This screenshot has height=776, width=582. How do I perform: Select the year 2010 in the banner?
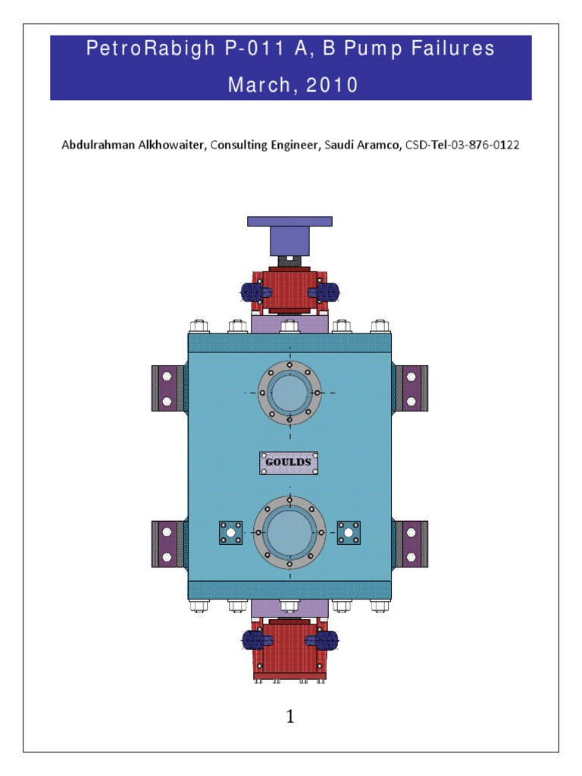[332, 86]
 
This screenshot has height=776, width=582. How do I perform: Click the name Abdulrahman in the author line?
[97, 145]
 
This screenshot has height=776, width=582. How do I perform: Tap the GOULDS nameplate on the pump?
[289, 462]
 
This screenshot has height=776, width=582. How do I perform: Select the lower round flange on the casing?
[289, 533]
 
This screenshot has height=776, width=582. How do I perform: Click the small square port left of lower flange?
[230, 533]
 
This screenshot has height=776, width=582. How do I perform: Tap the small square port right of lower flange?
[349, 533]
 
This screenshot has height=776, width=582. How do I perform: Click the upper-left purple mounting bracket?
[167, 388]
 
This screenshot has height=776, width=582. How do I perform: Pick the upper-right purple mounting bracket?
[411, 388]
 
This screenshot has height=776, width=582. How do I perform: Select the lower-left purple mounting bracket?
[167, 544]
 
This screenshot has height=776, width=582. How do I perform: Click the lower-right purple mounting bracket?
[411, 544]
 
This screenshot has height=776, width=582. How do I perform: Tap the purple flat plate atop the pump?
[289, 221]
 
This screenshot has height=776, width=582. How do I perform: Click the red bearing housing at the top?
[289, 290]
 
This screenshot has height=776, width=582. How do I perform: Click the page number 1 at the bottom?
[290, 716]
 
